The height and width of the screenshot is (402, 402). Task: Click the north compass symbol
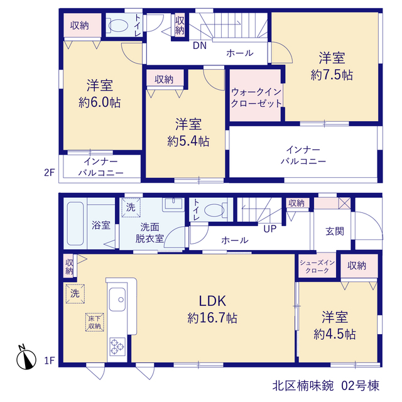(26, 357)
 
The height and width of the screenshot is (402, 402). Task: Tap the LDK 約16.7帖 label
(212, 309)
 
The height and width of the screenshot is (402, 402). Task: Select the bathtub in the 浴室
(75, 224)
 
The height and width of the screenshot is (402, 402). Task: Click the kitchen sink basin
(117, 299)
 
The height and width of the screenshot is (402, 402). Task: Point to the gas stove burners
(117, 347)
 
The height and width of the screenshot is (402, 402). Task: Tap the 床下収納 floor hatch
(95, 322)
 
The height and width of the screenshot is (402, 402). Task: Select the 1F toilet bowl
(215, 210)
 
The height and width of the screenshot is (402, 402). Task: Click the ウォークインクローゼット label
(256, 98)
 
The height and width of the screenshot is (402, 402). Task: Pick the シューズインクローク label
(317, 266)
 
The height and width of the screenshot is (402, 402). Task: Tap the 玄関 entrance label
(335, 231)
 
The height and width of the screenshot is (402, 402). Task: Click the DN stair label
(200, 46)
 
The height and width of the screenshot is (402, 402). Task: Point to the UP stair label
(270, 229)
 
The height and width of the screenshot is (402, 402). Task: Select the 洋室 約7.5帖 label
(332, 66)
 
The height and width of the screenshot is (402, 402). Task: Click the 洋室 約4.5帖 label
(335, 325)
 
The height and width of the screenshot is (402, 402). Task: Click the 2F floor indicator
(50, 173)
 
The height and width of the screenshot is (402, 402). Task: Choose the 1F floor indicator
(50, 361)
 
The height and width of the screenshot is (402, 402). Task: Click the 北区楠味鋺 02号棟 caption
(325, 386)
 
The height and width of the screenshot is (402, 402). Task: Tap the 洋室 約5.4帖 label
(188, 133)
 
